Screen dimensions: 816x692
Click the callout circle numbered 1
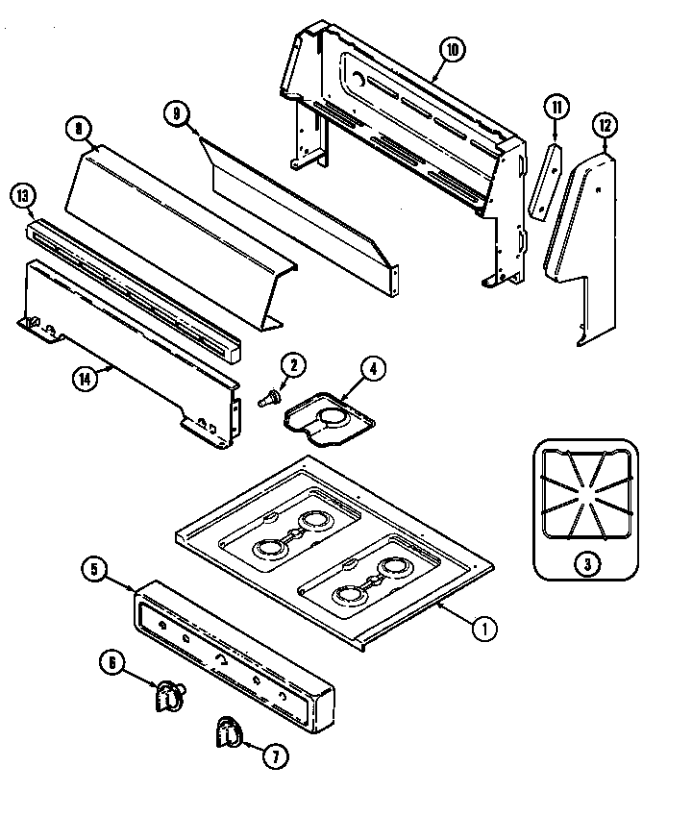(x=485, y=631)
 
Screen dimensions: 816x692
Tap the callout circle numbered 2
(x=294, y=364)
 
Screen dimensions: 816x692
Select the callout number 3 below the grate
(x=585, y=563)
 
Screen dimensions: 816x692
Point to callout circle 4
(x=374, y=367)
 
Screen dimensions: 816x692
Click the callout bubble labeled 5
(x=93, y=570)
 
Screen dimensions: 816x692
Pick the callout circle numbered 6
(x=112, y=662)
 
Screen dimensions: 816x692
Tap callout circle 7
(x=274, y=756)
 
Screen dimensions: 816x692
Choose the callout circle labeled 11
(x=556, y=107)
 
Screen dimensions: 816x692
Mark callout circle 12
(x=605, y=125)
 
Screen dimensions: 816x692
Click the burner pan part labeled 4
(x=327, y=415)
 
